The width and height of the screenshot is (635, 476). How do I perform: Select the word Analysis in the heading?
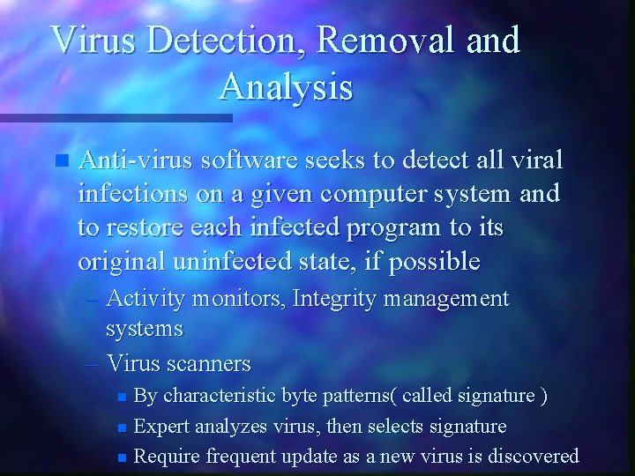pos(286,87)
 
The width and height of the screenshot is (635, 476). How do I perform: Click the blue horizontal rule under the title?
pos(116,117)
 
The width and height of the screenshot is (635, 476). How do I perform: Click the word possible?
pos(432,262)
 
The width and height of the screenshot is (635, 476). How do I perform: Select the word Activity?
pos(146,300)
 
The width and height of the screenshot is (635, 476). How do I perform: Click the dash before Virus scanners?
pos(94,363)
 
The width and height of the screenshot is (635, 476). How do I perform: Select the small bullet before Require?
pos(123,457)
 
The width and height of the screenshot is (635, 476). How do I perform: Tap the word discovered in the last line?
pos(531,456)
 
